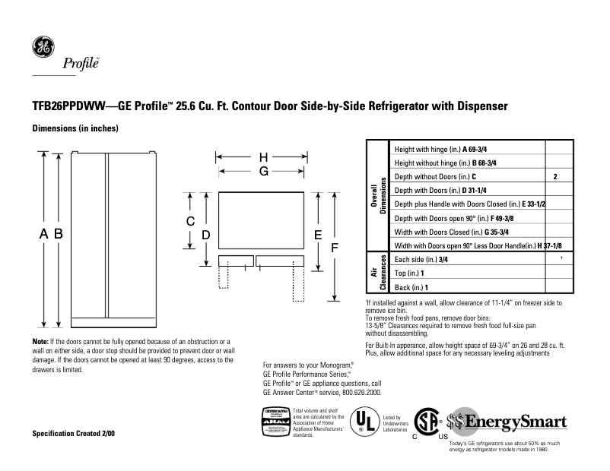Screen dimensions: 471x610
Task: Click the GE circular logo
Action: (x=43, y=47)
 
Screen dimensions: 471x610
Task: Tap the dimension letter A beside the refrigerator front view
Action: (x=45, y=235)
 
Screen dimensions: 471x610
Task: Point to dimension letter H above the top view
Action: (x=264, y=158)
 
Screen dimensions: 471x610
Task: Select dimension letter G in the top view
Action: (x=264, y=172)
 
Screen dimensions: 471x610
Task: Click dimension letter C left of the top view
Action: (x=191, y=222)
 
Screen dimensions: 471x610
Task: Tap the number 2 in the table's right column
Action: (x=556, y=177)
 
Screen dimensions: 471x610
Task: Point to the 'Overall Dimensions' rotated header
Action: (x=378, y=197)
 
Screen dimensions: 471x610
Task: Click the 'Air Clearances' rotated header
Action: (x=378, y=273)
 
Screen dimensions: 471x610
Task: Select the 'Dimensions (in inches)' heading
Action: (x=75, y=128)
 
